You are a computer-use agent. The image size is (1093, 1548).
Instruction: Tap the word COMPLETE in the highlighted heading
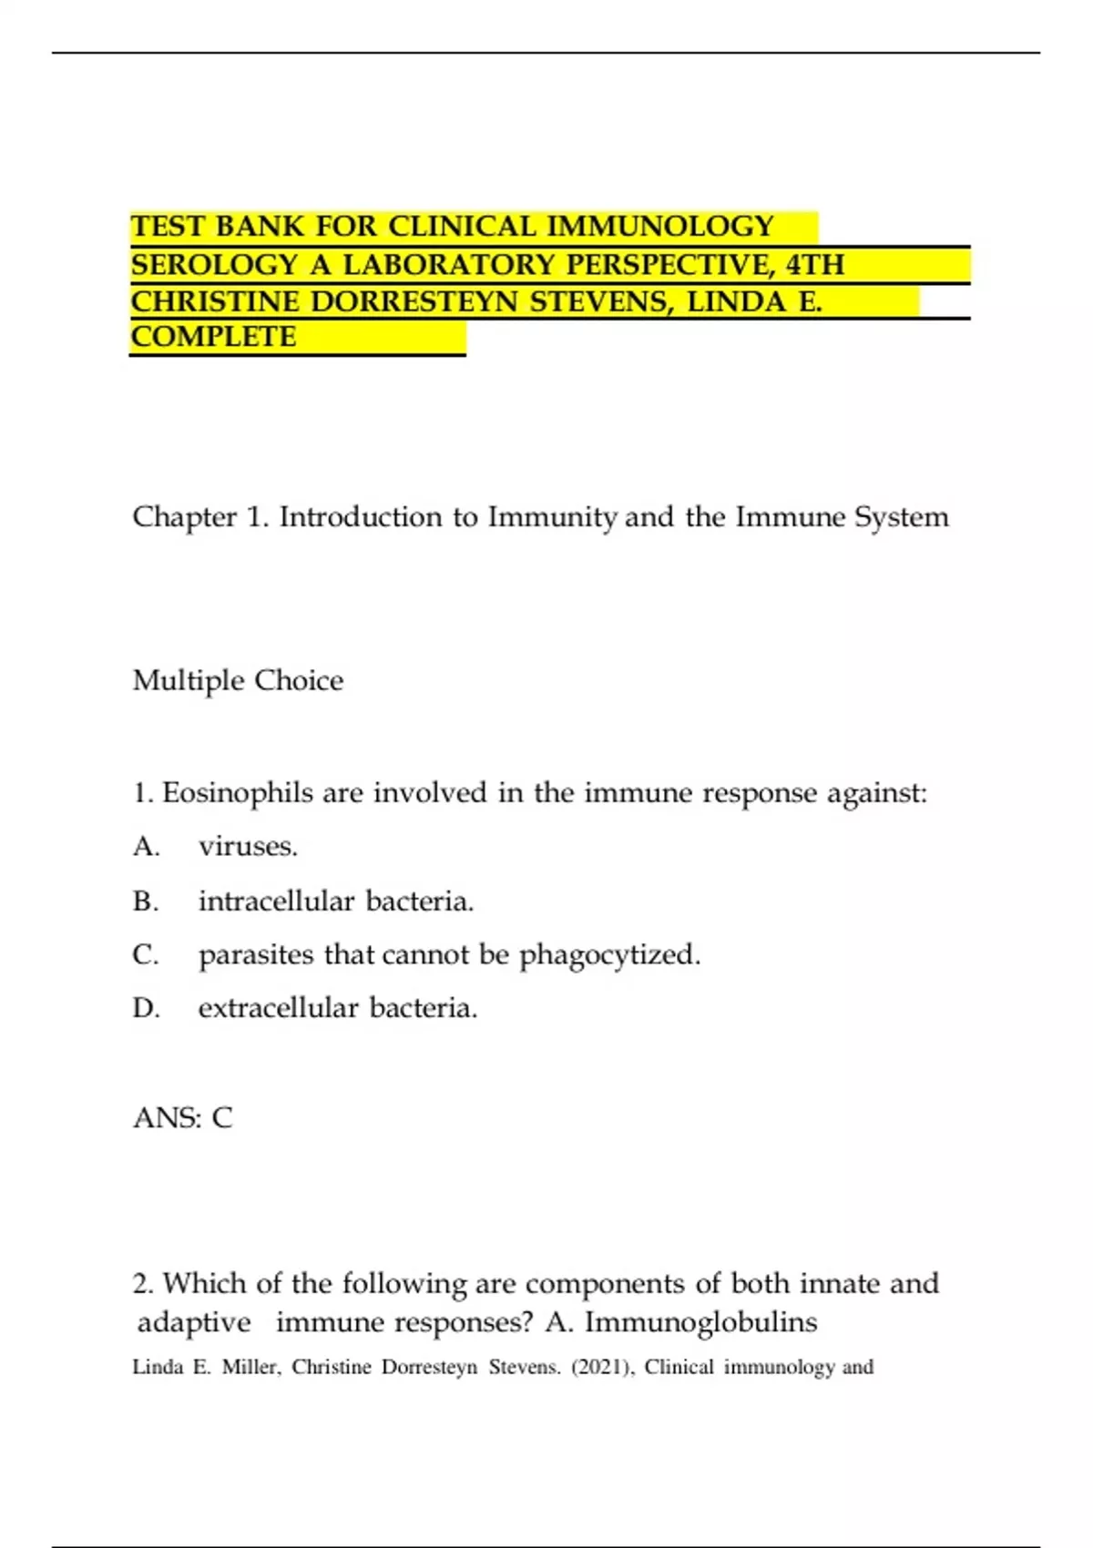tap(213, 337)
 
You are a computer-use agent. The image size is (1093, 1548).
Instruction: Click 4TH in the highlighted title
tap(815, 264)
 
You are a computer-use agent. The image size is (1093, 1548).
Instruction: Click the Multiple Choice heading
tap(238, 680)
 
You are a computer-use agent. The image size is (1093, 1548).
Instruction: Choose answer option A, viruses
tap(248, 846)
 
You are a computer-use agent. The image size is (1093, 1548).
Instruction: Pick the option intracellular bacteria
tap(336, 901)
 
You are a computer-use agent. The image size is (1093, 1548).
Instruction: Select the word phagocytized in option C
tap(609, 954)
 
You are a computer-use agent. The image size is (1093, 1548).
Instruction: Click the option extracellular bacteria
tap(338, 1008)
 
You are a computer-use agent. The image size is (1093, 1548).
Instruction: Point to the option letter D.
tap(146, 1008)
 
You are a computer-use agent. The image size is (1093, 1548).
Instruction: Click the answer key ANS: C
tap(183, 1117)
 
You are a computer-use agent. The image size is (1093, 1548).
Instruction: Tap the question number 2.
tap(142, 1284)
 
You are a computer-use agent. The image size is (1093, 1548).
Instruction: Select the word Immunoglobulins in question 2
tap(700, 1321)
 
